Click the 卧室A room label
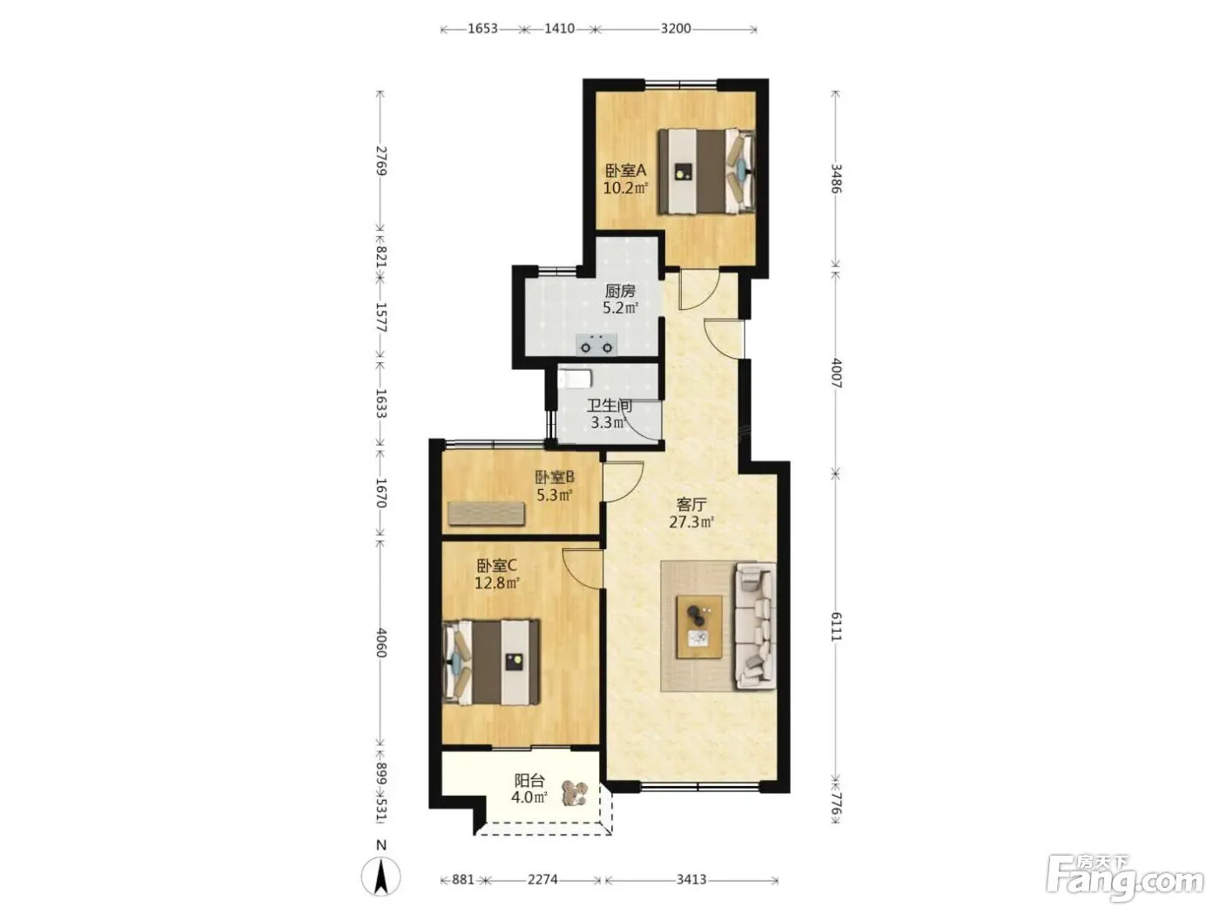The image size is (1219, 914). [625, 170]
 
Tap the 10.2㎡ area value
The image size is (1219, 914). [625, 187]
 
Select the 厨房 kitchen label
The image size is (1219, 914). [620, 290]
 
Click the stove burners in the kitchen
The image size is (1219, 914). [596, 345]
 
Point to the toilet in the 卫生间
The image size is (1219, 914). [576, 379]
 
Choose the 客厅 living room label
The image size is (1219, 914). [691, 505]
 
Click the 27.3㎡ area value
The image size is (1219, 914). [691, 522]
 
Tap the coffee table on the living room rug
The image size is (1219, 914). [699, 627]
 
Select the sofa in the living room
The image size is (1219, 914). [755, 626]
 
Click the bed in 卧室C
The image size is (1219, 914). [491, 662]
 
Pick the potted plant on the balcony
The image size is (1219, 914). [574, 792]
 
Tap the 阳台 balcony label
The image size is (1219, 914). [529, 780]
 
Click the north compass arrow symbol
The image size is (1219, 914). [381, 877]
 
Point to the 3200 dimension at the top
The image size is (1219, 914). [676, 29]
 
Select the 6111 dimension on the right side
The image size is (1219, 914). [836, 627]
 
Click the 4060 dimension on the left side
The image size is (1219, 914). [381, 642]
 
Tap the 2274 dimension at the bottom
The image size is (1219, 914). [542, 879]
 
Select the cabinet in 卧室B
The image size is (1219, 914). [487, 514]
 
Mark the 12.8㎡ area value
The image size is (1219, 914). [497, 583]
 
